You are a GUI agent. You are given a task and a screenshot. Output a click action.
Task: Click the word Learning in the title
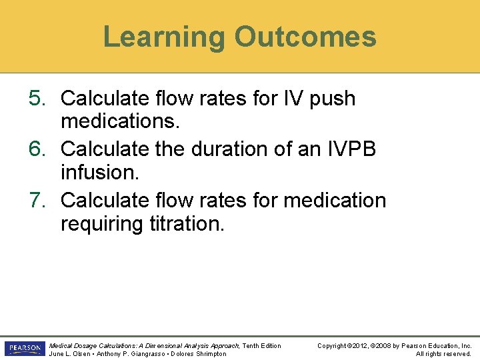[163, 37]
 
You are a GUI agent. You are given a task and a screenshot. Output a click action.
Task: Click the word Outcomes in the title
[305, 37]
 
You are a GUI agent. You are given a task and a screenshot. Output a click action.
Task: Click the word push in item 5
[331, 99]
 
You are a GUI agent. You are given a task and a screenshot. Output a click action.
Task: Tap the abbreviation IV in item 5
[291, 99]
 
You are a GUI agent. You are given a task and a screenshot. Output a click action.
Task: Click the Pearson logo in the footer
[24, 349]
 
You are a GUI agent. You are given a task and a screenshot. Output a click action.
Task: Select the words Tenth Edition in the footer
[261, 345]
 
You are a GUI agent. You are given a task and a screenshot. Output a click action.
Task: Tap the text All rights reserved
[443, 353]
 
